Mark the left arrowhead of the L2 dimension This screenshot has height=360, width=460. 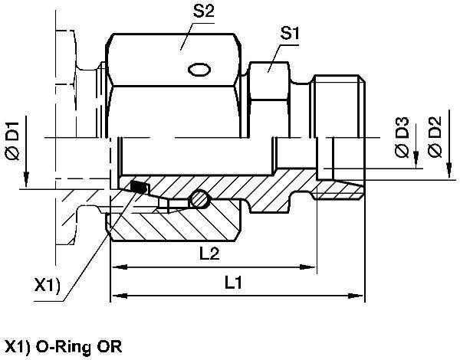pos(117,268)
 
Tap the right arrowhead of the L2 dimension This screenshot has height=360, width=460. pos(310,268)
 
